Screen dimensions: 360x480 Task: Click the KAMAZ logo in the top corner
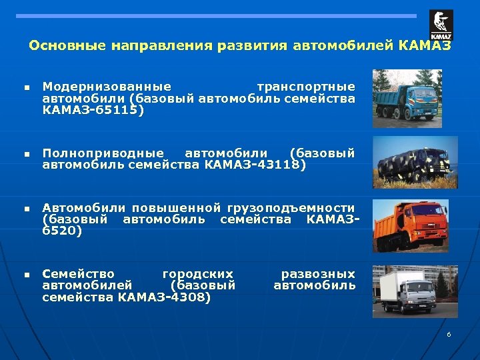tap(441, 25)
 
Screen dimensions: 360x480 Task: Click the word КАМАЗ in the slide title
tap(424, 46)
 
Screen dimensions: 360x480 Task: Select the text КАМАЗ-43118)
tap(255, 164)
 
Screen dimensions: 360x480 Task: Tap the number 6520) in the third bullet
tap(62, 231)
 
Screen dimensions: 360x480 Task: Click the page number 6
tap(449, 333)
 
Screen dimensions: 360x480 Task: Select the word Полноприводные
tap(103, 153)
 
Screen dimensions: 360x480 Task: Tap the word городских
tap(198, 274)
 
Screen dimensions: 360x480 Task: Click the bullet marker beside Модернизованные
tap(25, 87)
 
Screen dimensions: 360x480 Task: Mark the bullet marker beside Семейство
tap(25, 275)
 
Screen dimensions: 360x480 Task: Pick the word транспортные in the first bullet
tap(306, 87)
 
